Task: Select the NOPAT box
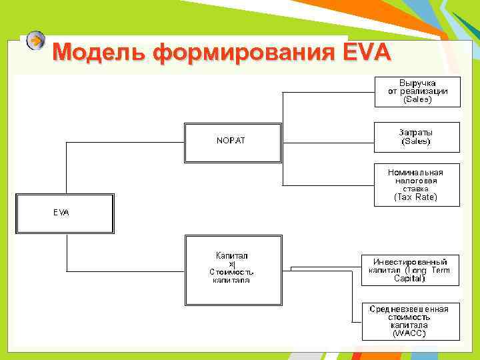point(233,141)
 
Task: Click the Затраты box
point(417,137)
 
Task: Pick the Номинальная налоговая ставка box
point(417,184)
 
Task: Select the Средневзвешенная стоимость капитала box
point(409,321)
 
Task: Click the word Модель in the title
point(99,51)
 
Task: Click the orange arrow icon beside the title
point(37,41)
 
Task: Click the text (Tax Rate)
point(416,197)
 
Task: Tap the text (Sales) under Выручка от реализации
point(417,100)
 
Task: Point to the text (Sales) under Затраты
point(416,141)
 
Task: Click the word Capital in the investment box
point(409,279)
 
